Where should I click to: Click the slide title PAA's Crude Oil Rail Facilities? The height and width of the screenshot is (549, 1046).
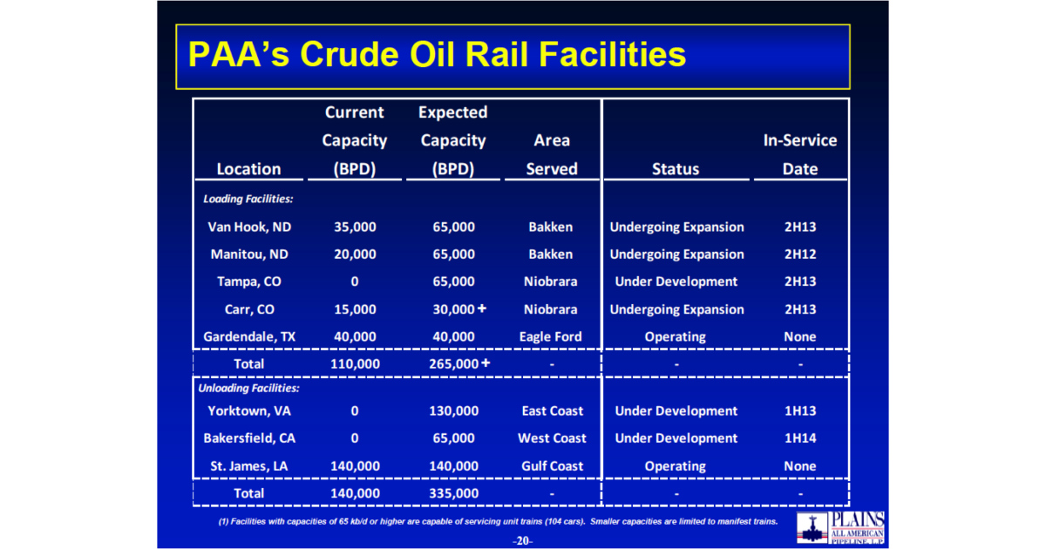(437, 55)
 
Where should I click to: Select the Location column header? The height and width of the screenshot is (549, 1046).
(249, 169)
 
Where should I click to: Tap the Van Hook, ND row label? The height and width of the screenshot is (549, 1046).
(249, 227)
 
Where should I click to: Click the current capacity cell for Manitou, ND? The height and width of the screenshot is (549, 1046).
(355, 254)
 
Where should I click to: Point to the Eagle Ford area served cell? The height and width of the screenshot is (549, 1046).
(550, 336)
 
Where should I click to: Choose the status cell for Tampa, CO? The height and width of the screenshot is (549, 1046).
(676, 281)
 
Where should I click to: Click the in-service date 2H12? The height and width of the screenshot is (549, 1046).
(799, 254)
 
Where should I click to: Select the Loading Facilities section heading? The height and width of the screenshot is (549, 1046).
(248, 199)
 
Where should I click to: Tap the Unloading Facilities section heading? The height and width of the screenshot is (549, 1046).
(251, 388)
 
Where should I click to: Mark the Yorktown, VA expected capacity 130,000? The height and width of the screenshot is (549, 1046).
(453, 411)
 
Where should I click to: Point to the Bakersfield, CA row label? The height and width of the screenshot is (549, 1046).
(249, 438)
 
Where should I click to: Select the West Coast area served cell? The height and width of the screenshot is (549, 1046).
(552, 438)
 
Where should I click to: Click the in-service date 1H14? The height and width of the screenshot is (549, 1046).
(799, 438)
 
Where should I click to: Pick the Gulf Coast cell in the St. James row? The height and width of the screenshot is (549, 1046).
(552, 466)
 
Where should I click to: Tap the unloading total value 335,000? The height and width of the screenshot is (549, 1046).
(453, 493)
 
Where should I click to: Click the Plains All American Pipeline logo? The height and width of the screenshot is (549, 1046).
(843, 526)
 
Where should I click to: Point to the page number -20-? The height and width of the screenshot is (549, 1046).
(522, 541)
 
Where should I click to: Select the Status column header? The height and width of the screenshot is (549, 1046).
(676, 169)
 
